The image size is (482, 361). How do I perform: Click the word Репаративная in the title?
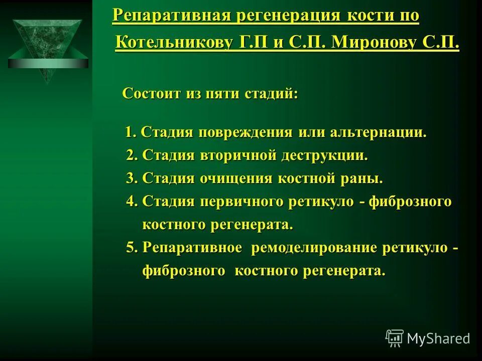point(170,16)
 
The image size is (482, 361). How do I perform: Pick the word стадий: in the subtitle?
point(271,94)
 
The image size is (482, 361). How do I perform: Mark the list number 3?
point(131,178)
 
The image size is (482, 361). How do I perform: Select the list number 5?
point(131,248)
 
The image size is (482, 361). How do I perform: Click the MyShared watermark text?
point(438,338)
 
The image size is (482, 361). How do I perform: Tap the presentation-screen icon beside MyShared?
point(395,338)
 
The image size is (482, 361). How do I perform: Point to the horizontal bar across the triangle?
point(48,64)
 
